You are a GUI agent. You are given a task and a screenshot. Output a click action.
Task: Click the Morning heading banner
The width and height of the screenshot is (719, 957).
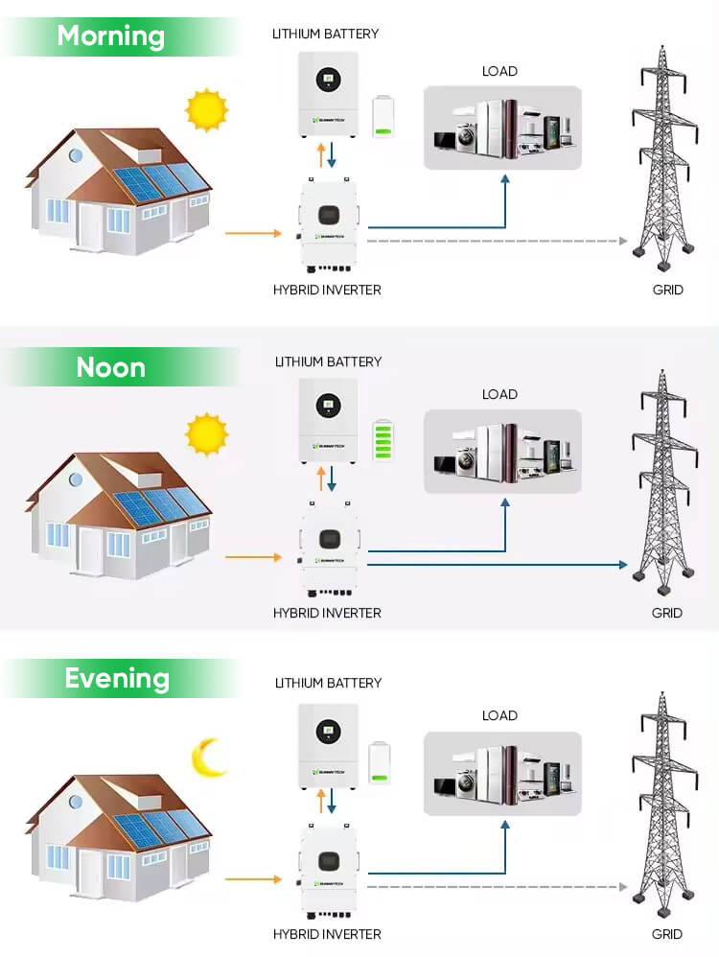tap(111, 36)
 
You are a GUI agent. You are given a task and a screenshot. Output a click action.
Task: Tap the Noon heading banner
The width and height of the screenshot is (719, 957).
tap(111, 367)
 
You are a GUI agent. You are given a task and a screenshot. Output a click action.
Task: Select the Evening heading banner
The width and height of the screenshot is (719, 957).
tap(116, 678)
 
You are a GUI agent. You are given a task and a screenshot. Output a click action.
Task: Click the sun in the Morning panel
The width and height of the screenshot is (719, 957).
tap(207, 109)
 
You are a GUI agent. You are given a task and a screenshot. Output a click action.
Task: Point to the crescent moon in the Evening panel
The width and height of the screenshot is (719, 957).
tap(208, 757)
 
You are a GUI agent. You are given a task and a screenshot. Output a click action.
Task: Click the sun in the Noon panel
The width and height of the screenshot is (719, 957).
tap(207, 434)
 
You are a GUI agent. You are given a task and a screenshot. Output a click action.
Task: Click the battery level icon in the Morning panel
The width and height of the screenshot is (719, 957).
tap(383, 117)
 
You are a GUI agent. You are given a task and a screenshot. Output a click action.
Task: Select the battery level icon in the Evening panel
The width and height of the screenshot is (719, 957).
tap(383, 762)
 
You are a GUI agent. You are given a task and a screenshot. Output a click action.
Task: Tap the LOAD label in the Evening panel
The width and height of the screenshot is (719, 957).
tap(499, 715)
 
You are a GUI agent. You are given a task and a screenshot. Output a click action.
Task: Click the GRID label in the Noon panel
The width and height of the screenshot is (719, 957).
tap(667, 613)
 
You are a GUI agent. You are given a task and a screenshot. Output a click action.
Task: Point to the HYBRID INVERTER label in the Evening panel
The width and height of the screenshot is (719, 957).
tap(327, 934)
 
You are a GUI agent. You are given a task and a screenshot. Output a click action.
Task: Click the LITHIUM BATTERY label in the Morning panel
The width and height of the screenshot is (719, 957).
tap(327, 34)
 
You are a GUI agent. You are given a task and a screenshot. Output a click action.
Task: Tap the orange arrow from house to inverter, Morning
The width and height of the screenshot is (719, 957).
tap(252, 233)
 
